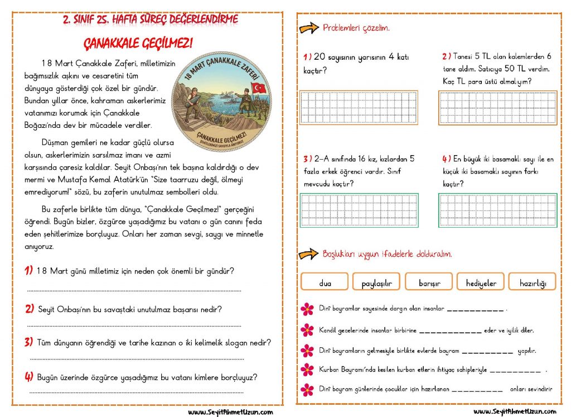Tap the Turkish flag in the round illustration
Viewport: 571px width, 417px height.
259,88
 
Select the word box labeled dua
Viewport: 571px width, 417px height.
325,282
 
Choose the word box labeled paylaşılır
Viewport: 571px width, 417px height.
376,282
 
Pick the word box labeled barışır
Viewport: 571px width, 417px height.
429,282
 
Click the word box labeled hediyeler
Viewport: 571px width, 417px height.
481,282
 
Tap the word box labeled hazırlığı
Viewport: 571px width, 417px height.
533,282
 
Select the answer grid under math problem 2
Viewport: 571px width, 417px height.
497,108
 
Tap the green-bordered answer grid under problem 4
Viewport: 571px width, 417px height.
497,209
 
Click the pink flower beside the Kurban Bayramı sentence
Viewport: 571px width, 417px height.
307,370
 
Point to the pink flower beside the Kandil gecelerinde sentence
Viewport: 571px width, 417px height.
307,330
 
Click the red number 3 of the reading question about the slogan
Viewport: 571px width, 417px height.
28,342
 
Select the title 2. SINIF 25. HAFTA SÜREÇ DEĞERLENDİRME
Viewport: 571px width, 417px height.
151,20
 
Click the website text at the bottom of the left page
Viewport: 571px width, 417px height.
230,412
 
